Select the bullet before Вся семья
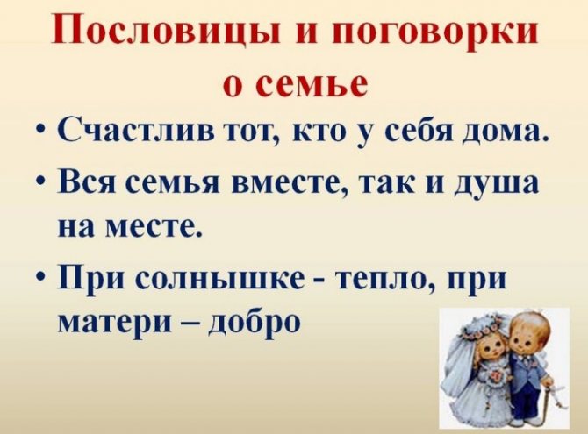(x=42, y=187)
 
